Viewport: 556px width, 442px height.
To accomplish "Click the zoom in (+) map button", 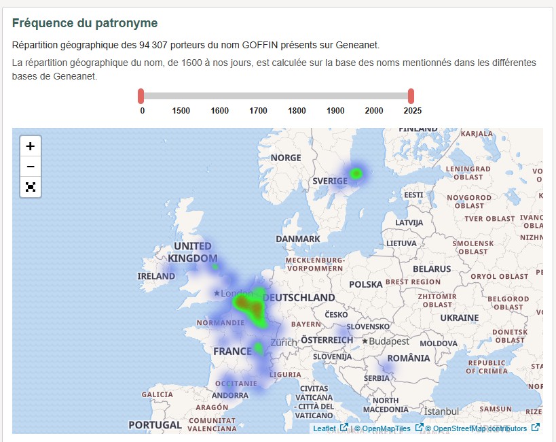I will pos(31,146).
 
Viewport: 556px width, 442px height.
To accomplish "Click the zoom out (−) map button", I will pos(31,167).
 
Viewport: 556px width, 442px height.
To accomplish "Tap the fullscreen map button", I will pos(31,187).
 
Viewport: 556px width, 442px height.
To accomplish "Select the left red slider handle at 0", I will pos(141,96).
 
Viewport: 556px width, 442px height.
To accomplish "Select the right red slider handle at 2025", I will pos(411,96).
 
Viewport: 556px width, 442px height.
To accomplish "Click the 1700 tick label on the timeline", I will pos(258,111).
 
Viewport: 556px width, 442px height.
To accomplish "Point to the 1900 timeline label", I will pos(335,111).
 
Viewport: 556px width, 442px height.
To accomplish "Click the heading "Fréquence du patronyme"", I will pos(85,23).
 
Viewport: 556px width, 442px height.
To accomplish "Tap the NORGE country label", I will pos(286,158).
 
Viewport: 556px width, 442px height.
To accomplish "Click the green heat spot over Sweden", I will pos(356,174).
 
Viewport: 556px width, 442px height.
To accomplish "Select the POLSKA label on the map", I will pos(366,284).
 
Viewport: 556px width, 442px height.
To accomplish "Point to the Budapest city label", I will pos(389,341).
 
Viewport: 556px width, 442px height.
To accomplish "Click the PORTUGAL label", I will pos(155,425).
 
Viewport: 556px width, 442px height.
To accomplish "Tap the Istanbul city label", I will pos(441,411).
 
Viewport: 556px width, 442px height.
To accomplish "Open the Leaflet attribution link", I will pos(325,428).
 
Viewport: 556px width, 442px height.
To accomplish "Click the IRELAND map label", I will pos(156,276).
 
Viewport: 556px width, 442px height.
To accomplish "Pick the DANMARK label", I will pos(298,239).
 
